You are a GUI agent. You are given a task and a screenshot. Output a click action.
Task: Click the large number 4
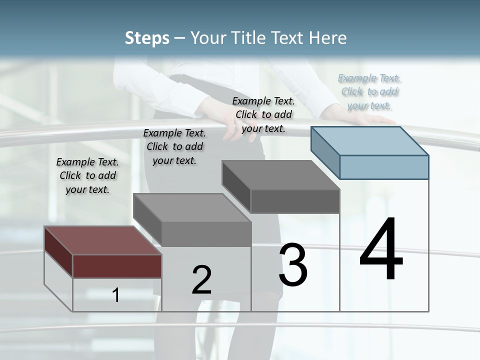click(381, 249)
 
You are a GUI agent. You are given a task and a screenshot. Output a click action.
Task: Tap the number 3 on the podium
click(293, 265)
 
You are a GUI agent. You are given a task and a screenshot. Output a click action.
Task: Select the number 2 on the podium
click(201, 280)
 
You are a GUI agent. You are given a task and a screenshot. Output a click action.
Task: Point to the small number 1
click(116, 295)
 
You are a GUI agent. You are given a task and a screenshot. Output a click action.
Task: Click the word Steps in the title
click(147, 38)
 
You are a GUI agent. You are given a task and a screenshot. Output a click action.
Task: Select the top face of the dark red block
click(102, 240)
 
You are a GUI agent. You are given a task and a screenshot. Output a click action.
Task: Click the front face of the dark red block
click(117, 266)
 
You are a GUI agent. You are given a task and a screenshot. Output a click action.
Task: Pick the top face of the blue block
click(370, 140)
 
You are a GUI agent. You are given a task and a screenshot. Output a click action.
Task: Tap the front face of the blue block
click(384, 167)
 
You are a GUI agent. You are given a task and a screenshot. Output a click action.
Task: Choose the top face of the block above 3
click(280, 175)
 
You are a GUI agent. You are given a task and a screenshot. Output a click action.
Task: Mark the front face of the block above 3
click(295, 201)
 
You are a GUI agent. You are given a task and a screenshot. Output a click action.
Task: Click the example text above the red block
click(87, 175)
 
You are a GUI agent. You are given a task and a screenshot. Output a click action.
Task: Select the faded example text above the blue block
click(369, 91)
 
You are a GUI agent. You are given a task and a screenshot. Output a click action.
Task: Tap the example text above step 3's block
click(263, 114)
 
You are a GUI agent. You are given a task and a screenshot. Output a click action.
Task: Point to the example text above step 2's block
click(174, 146)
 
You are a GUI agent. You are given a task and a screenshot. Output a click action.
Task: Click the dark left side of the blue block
click(325, 150)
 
